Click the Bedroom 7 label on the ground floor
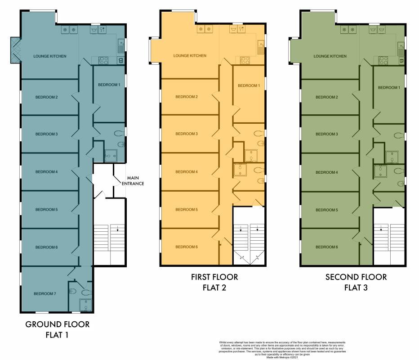(45, 294)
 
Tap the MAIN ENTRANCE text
(133, 181)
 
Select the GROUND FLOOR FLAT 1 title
(57, 329)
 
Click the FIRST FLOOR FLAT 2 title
(214, 282)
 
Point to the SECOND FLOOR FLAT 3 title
(356, 282)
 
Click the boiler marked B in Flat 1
(120, 61)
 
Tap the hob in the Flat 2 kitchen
(245, 61)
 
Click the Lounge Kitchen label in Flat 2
(190, 56)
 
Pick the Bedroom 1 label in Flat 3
(389, 87)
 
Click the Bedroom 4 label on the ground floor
(46, 172)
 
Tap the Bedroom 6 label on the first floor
(187, 247)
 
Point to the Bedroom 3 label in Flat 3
(326, 134)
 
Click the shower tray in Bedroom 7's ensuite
(85, 305)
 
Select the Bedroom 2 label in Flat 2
(187, 97)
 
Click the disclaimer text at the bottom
(282, 350)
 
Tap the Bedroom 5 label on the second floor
(326, 210)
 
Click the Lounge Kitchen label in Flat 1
(50, 56)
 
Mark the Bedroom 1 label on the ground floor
(109, 85)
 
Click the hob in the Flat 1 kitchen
(103, 61)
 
